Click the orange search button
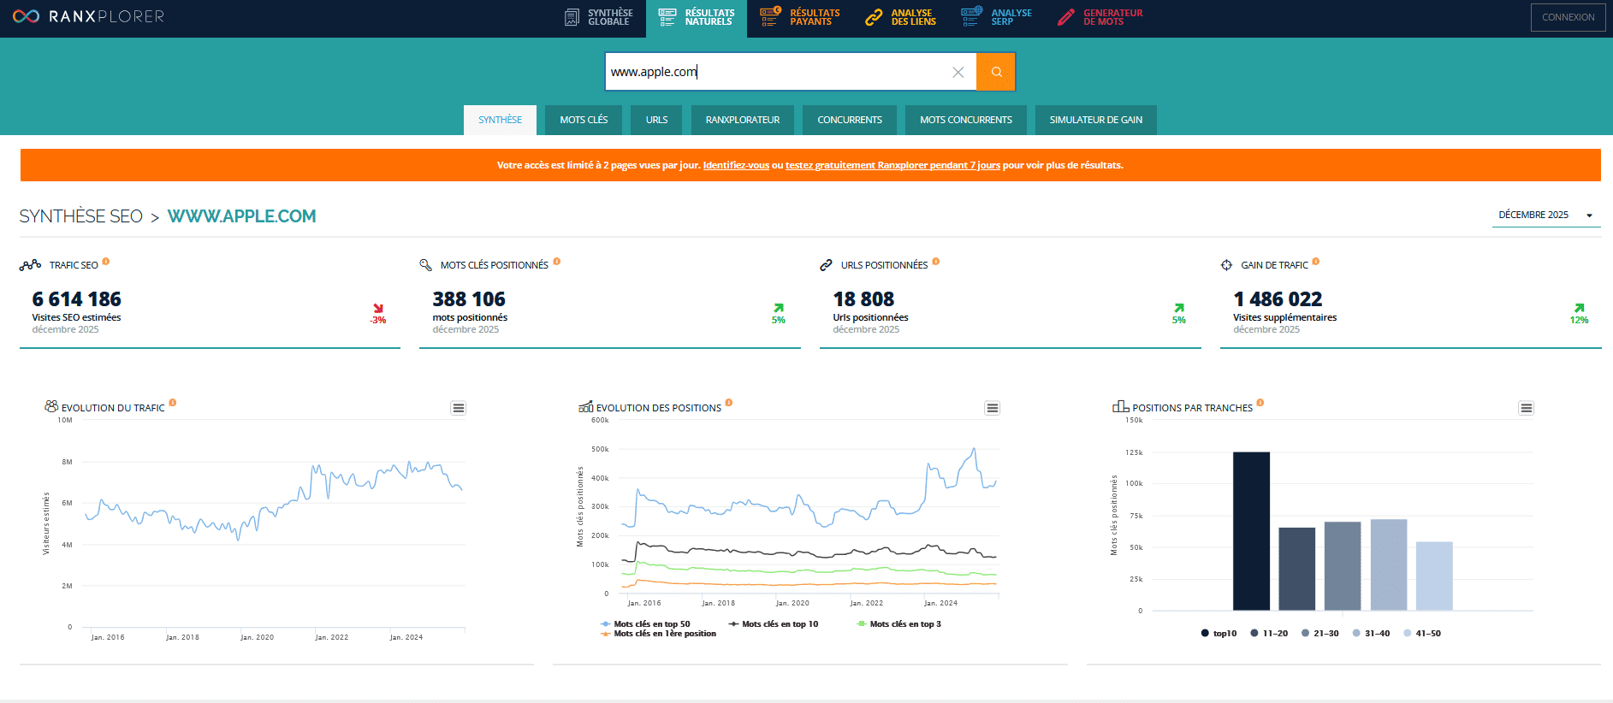click(x=996, y=72)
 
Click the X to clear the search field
click(x=958, y=72)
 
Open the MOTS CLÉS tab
click(x=584, y=120)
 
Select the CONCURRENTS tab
click(x=849, y=120)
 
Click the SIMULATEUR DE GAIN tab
click(x=1095, y=120)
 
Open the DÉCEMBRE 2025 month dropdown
click(x=1545, y=216)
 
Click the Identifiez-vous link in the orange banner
click(x=736, y=165)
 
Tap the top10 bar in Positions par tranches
click(x=1251, y=530)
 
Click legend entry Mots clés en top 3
click(x=904, y=624)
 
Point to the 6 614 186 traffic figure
click(x=77, y=299)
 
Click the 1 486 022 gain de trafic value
click(x=1278, y=299)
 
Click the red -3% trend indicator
click(x=378, y=314)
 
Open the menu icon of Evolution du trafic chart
click(x=459, y=408)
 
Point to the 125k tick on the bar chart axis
click(x=1134, y=452)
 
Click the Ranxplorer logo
click(x=88, y=16)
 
